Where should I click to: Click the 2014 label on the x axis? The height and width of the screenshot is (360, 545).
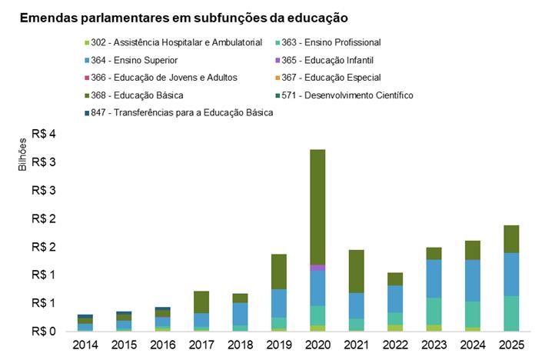pos(85,345)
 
